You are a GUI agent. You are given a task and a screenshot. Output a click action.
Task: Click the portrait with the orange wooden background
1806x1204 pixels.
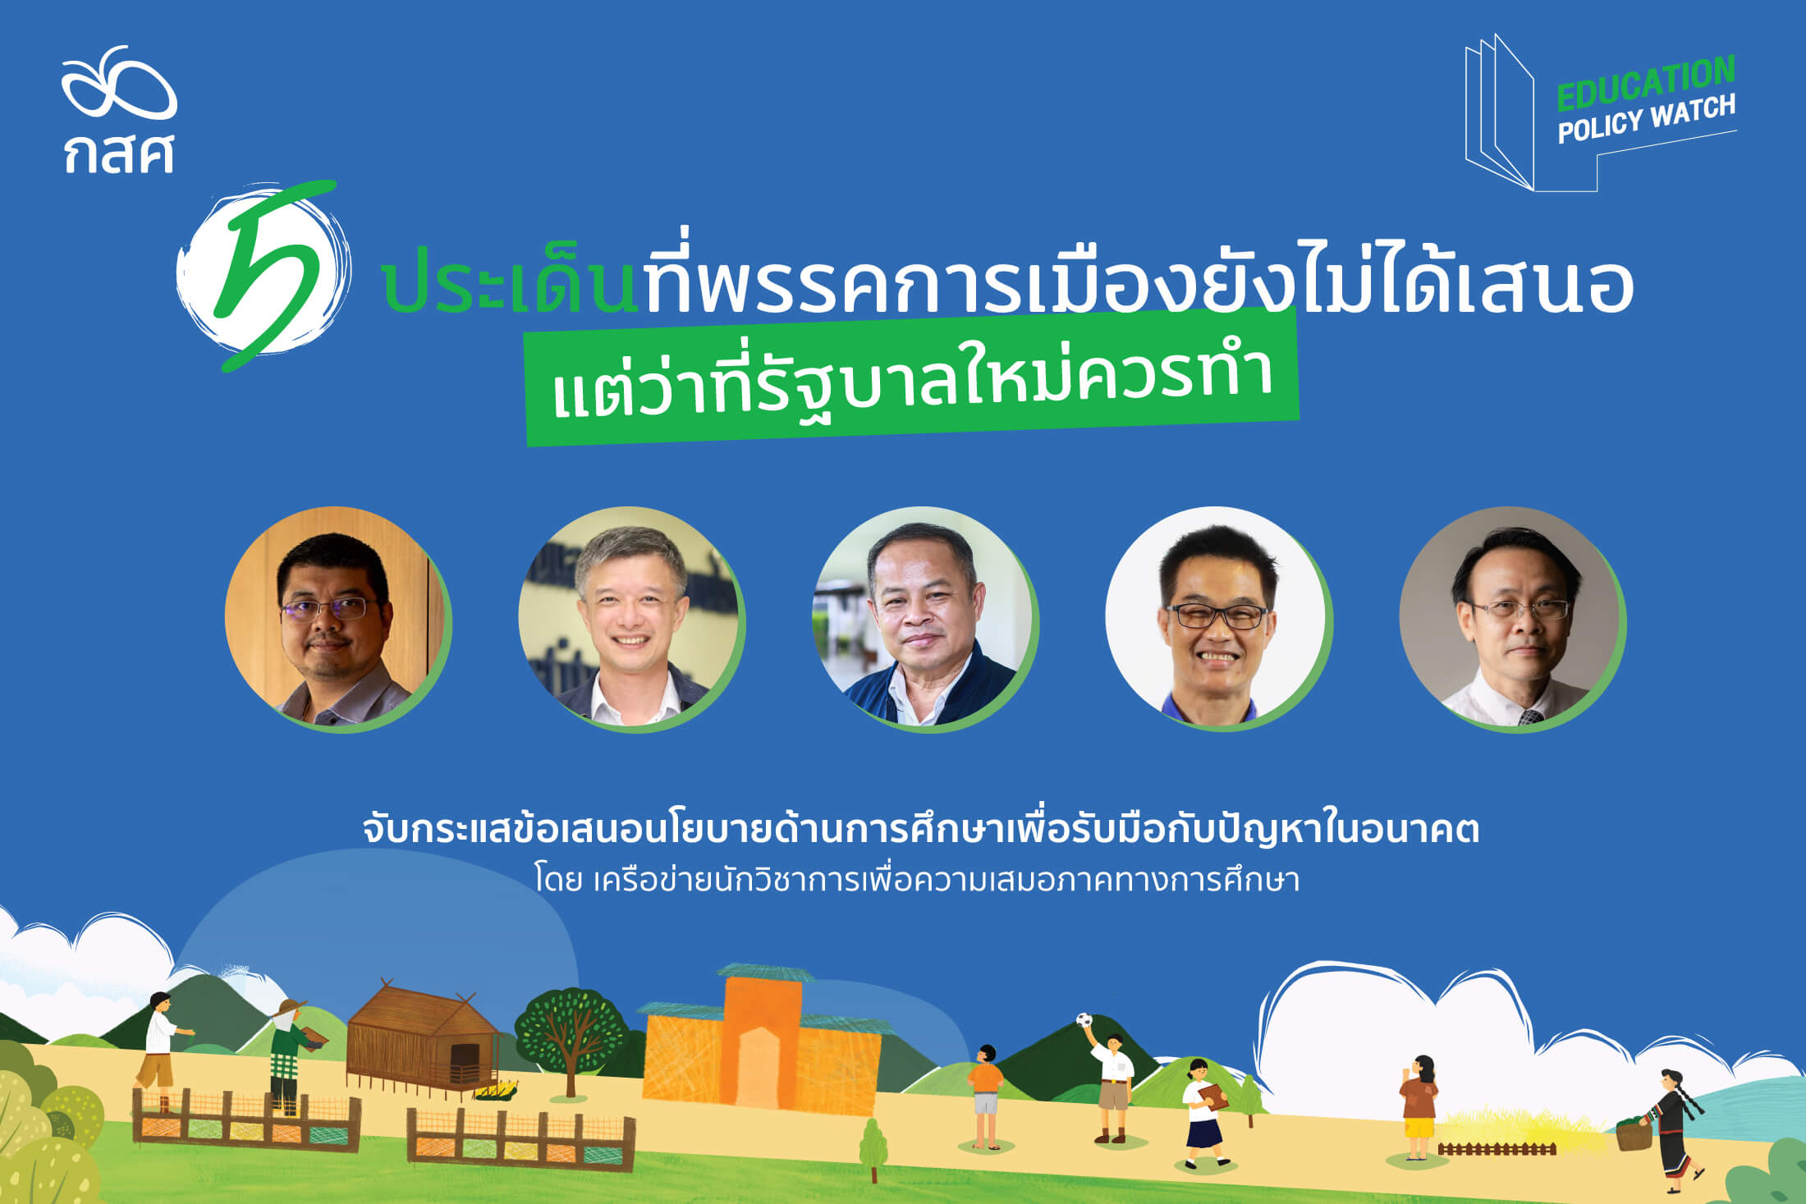pos(337,619)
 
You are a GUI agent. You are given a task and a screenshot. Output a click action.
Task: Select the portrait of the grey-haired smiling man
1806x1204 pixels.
pos(631,619)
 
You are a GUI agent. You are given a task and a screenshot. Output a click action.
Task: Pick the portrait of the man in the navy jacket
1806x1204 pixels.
pos(925,619)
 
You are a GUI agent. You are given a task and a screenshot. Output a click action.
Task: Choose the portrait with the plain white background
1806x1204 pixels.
pos(1219,619)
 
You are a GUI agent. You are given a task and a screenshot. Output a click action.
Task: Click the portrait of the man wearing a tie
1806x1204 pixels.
pos(1513,619)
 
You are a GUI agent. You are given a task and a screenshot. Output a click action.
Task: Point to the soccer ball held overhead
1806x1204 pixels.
pos(1084,1020)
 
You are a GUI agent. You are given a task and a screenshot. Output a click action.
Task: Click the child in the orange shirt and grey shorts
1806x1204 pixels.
pos(985,1096)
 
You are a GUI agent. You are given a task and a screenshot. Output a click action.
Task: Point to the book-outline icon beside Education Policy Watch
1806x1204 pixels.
pos(1499,112)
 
